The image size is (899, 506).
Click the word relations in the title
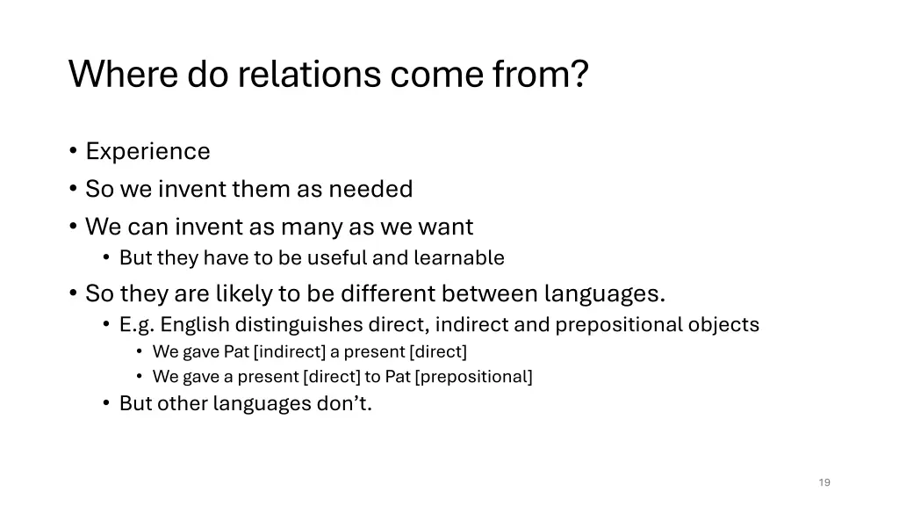coord(312,75)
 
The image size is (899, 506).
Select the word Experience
coord(147,151)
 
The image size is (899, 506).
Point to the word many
coord(313,227)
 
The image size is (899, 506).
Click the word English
coord(195,325)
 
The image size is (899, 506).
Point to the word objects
coord(723,325)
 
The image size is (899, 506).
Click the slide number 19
coord(823,482)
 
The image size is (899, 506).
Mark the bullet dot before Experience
coord(72,152)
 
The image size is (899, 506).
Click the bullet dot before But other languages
coord(105,404)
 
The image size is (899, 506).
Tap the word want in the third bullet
coord(446,227)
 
